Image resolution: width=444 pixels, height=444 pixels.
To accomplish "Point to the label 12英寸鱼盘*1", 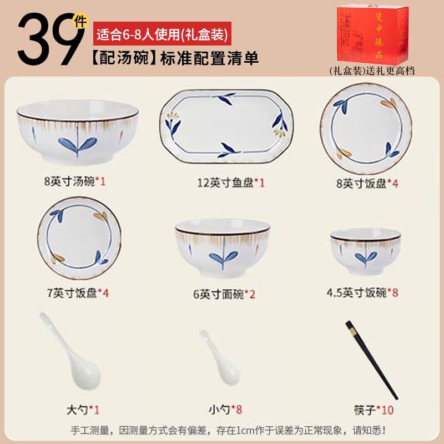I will pyautogui.click(x=231, y=183).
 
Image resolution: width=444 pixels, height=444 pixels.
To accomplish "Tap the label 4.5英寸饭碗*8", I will pyautogui.click(x=362, y=292).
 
